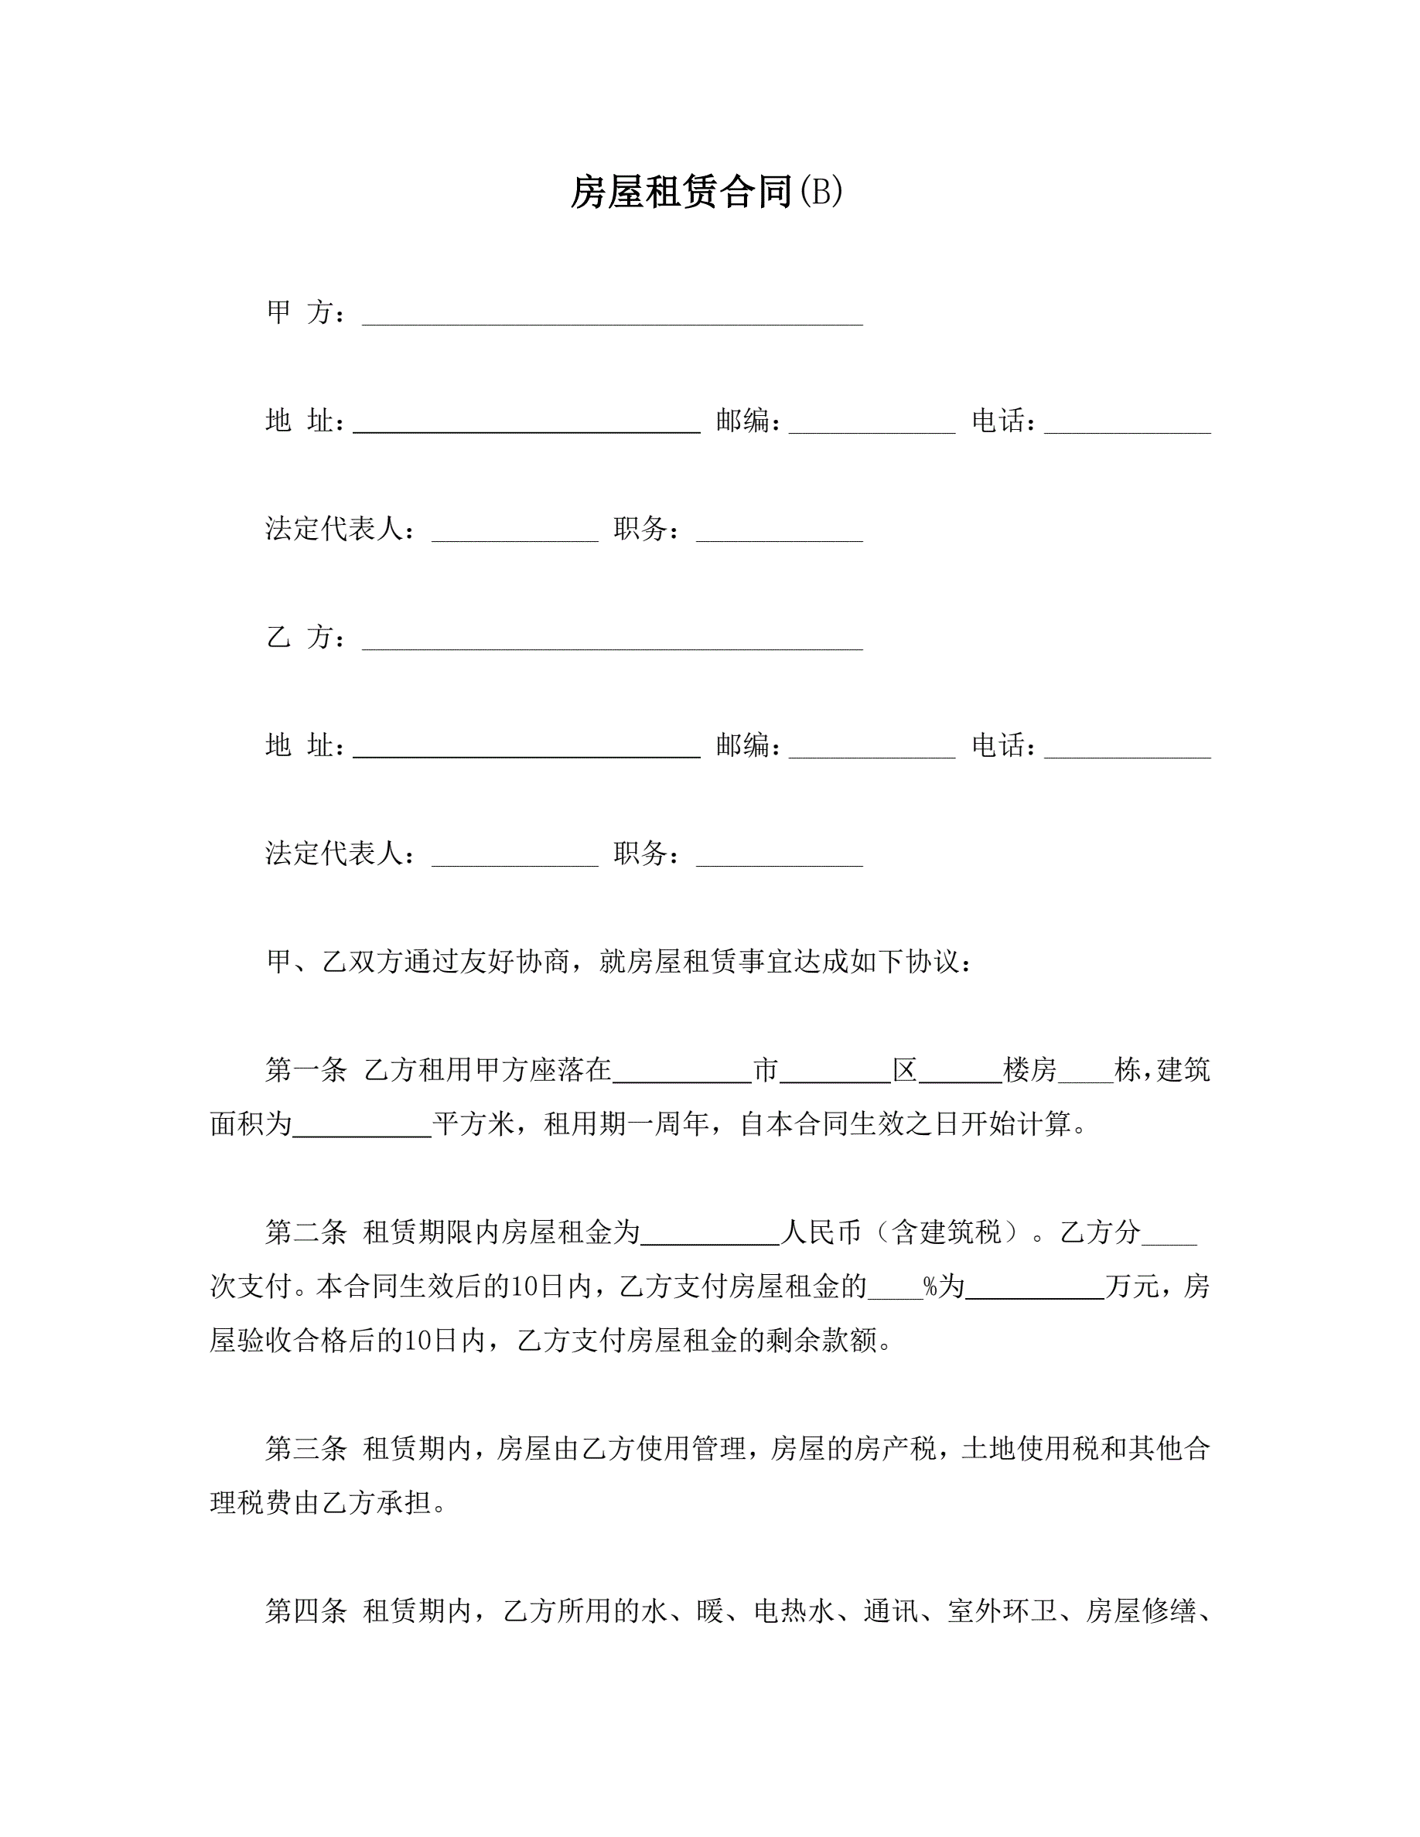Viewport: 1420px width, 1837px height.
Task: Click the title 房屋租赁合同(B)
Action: point(707,192)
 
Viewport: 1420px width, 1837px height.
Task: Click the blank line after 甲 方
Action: point(612,315)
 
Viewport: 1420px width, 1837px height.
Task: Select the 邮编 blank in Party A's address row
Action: point(872,424)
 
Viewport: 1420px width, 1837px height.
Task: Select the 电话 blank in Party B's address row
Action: point(1127,748)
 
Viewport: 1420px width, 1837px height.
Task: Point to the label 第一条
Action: point(306,1070)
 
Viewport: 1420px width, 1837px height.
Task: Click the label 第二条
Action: point(306,1233)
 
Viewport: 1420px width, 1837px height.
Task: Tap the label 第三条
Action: point(306,1448)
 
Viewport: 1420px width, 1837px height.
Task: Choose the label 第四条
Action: point(306,1610)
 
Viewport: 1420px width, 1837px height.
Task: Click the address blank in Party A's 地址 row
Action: point(526,424)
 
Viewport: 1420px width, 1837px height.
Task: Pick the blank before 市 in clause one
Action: point(681,1073)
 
